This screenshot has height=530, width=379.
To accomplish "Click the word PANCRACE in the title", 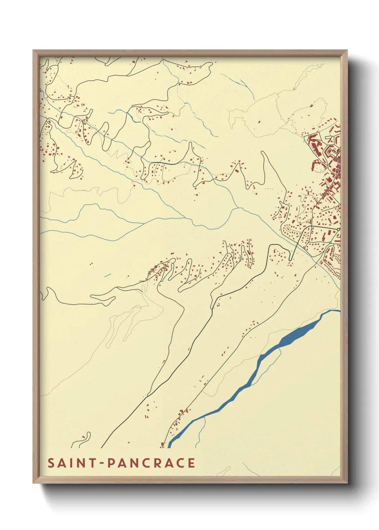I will (151, 463).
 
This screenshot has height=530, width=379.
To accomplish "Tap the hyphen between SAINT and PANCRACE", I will (102, 463).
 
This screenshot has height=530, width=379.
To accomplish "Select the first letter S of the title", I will (51, 463).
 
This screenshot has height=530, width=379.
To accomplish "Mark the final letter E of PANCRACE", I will (191, 463).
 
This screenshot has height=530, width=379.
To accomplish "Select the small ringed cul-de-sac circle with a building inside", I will (288, 228).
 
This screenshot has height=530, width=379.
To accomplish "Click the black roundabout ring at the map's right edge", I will (338, 229).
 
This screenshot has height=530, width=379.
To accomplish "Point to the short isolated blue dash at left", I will (107, 275).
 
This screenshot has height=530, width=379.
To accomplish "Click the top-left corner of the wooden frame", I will (34, 51).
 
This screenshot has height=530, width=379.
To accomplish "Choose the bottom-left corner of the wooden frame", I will (34, 482).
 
